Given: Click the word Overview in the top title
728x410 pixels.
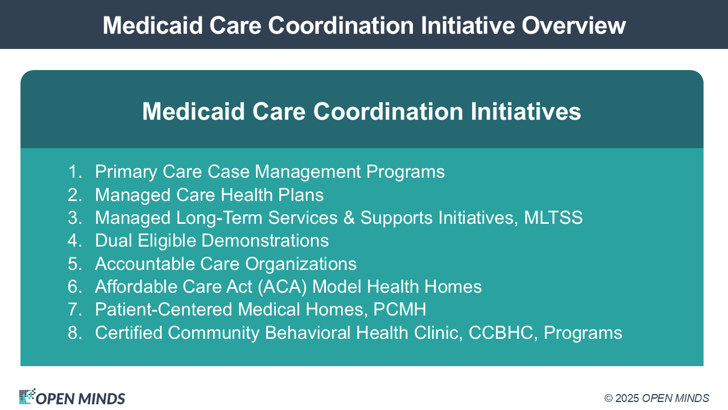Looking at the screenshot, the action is click(x=574, y=26).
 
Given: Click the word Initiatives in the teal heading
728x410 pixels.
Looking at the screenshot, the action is click(x=526, y=111).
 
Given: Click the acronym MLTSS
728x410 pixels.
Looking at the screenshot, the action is click(x=553, y=218).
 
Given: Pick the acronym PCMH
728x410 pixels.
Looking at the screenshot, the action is click(x=399, y=309).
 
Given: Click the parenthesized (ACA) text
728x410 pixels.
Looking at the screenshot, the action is click(x=282, y=286).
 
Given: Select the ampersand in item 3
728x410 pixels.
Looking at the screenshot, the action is click(x=349, y=218).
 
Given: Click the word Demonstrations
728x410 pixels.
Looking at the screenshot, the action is click(x=265, y=240).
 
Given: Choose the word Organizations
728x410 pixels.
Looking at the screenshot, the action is click(x=301, y=264).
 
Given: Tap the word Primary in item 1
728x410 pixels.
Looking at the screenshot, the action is click(x=126, y=172).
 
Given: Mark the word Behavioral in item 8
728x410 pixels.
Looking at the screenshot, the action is click(x=308, y=333).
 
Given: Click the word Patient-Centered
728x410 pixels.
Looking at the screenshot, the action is click(x=163, y=309).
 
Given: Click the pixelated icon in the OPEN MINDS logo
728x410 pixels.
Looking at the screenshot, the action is click(x=27, y=396).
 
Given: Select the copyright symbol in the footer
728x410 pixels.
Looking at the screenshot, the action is click(x=609, y=398).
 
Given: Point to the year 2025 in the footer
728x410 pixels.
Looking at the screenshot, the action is click(x=627, y=398).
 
